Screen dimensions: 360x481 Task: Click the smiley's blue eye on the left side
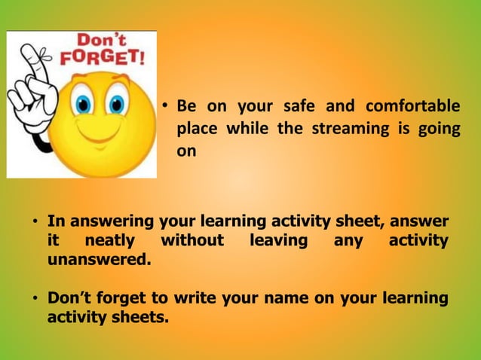pos(81,104)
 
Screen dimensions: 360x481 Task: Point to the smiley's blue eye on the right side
pos(116,104)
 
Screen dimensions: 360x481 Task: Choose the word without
pos(192,241)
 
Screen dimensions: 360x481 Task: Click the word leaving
pos(279,241)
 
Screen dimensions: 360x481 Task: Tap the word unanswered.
pos(98,260)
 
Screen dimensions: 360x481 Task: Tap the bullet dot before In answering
pos(34,223)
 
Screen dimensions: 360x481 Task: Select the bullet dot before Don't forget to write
pos(34,300)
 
